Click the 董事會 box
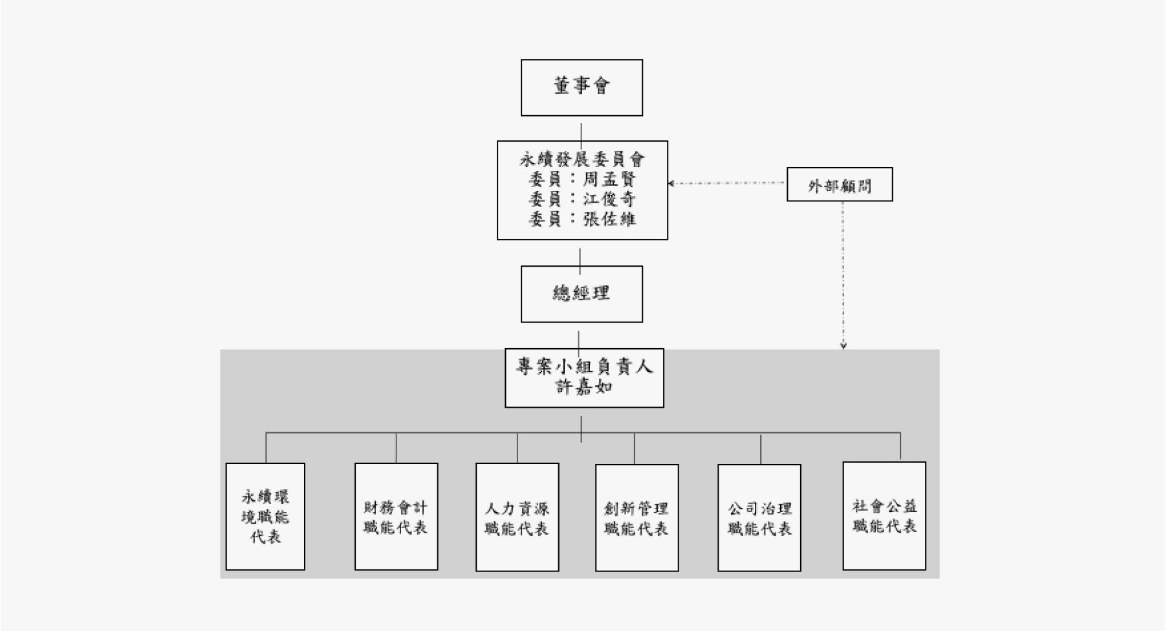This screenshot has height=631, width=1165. pos(582,87)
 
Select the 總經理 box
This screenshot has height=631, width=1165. pos(582,294)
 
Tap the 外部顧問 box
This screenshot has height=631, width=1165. pos(839,184)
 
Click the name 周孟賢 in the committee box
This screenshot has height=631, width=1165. pos(609,179)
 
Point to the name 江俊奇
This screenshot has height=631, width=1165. pos(609,199)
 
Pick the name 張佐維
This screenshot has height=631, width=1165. pos(609,219)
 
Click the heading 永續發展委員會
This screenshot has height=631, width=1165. pos(582,159)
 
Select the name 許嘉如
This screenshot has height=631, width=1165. pos(584,387)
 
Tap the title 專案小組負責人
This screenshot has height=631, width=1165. pos(584,367)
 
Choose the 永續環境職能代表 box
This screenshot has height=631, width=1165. pos(265,516)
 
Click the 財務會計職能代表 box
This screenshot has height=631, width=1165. pos(396,516)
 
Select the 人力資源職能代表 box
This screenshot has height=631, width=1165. pos(517,517)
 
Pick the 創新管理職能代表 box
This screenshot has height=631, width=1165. pos(637,518)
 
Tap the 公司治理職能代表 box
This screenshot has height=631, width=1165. pos(759,518)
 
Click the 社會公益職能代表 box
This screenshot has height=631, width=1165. pos(884,516)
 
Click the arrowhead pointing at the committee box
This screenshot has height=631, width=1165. pos(671,184)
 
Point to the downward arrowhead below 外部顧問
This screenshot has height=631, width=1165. pos(843,346)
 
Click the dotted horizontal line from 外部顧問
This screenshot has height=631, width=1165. pos(728,183)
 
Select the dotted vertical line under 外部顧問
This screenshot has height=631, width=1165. pos(843,272)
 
